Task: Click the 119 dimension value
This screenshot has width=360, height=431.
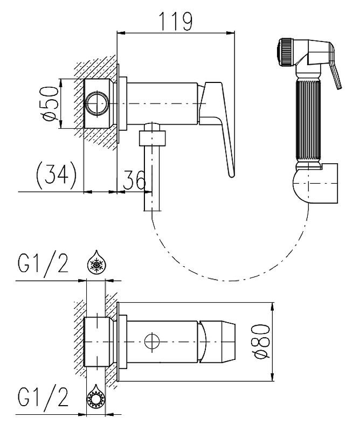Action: (176, 21)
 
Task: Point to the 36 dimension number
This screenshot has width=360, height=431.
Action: (134, 179)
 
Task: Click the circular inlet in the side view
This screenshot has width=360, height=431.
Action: (98, 103)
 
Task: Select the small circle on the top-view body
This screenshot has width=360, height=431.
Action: (152, 340)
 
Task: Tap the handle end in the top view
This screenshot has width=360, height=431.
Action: (221, 340)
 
